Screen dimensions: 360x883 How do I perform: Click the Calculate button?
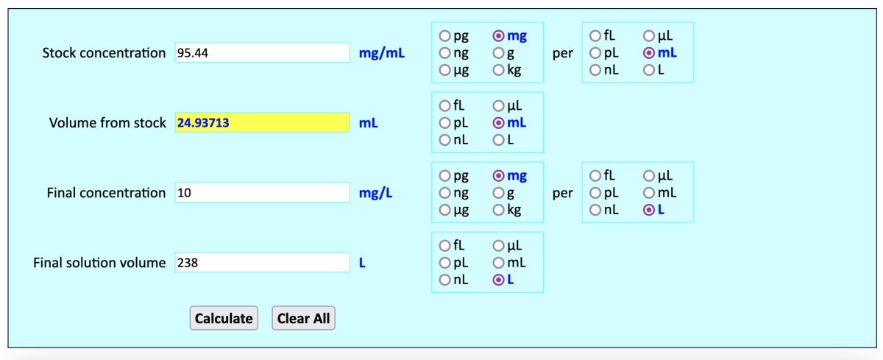click(x=224, y=318)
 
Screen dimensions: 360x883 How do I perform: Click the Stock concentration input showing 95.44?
click(x=262, y=53)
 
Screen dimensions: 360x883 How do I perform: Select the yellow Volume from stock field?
click(x=262, y=123)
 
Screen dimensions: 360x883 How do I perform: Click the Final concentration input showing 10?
click(x=262, y=193)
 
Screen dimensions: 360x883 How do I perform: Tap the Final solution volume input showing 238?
click(x=262, y=263)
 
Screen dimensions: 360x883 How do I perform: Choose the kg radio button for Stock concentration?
click(x=499, y=71)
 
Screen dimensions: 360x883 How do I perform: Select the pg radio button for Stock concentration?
click(x=445, y=35)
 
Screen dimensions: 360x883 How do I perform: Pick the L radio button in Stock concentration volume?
click(x=649, y=71)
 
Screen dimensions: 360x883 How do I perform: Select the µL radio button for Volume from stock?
click(x=499, y=105)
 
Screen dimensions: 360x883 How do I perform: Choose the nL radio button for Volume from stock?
click(x=445, y=141)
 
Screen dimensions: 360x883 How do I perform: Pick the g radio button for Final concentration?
click(x=499, y=193)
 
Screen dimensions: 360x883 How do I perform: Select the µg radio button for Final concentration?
click(x=445, y=211)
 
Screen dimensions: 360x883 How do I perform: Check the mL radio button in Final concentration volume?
click(x=649, y=193)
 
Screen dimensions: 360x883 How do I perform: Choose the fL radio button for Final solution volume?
click(x=445, y=245)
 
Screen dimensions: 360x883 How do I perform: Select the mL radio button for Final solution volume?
click(x=499, y=263)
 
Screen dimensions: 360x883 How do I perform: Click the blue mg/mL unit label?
click(x=382, y=53)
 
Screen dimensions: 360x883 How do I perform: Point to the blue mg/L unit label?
click(x=376, y=193)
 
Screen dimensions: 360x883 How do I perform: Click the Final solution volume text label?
click(x=99, y=263)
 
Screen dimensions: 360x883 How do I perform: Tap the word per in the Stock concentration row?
click(x=562, y=53)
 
